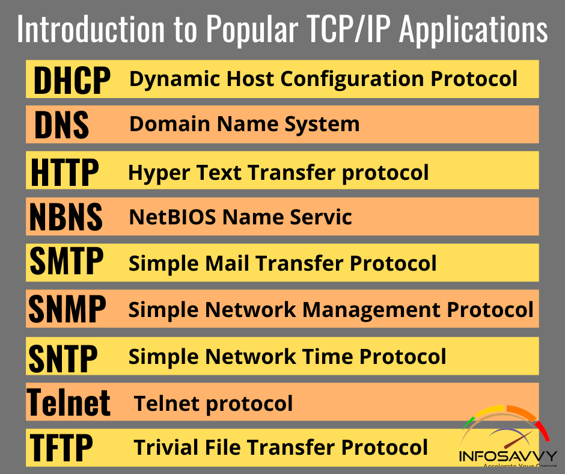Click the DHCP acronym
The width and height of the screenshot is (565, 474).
[x=72, y=80]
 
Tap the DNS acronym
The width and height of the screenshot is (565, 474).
[x=61, y=125]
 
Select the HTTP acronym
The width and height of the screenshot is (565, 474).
[x=64, y=171]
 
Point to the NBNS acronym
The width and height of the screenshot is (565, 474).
[x=66, y=217]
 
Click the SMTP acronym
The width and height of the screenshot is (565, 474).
[x=66, y=262]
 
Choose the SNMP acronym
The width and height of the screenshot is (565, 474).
[x=67, y=309]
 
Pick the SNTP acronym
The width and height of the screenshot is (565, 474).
[x=63, y=357]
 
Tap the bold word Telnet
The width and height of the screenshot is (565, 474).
[x=69, y=402]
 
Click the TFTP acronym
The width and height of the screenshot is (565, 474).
[x=61, y=447]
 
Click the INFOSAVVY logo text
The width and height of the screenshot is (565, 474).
[x=508, y=456]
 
